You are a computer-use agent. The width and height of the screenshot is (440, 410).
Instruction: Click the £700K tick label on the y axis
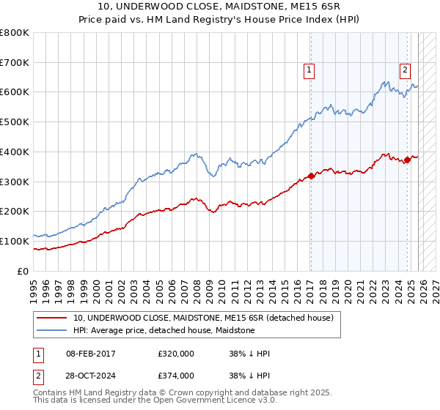15,63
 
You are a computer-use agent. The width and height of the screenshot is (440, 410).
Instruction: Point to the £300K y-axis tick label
15,182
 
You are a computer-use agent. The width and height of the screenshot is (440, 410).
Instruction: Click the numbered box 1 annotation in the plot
309,70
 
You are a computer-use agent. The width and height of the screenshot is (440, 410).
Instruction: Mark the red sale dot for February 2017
311,176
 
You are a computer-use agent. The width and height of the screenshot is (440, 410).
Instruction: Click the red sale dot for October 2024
408,160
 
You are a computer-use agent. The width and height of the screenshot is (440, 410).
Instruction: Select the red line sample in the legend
52,318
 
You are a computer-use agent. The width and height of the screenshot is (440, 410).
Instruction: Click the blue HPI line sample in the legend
52,330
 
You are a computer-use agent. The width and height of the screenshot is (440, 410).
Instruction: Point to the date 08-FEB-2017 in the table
95,354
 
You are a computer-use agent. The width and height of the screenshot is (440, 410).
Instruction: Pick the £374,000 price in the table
176,375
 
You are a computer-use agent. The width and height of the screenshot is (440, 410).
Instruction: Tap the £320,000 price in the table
176,354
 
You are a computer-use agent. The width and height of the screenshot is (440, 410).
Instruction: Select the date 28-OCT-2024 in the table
95,375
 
